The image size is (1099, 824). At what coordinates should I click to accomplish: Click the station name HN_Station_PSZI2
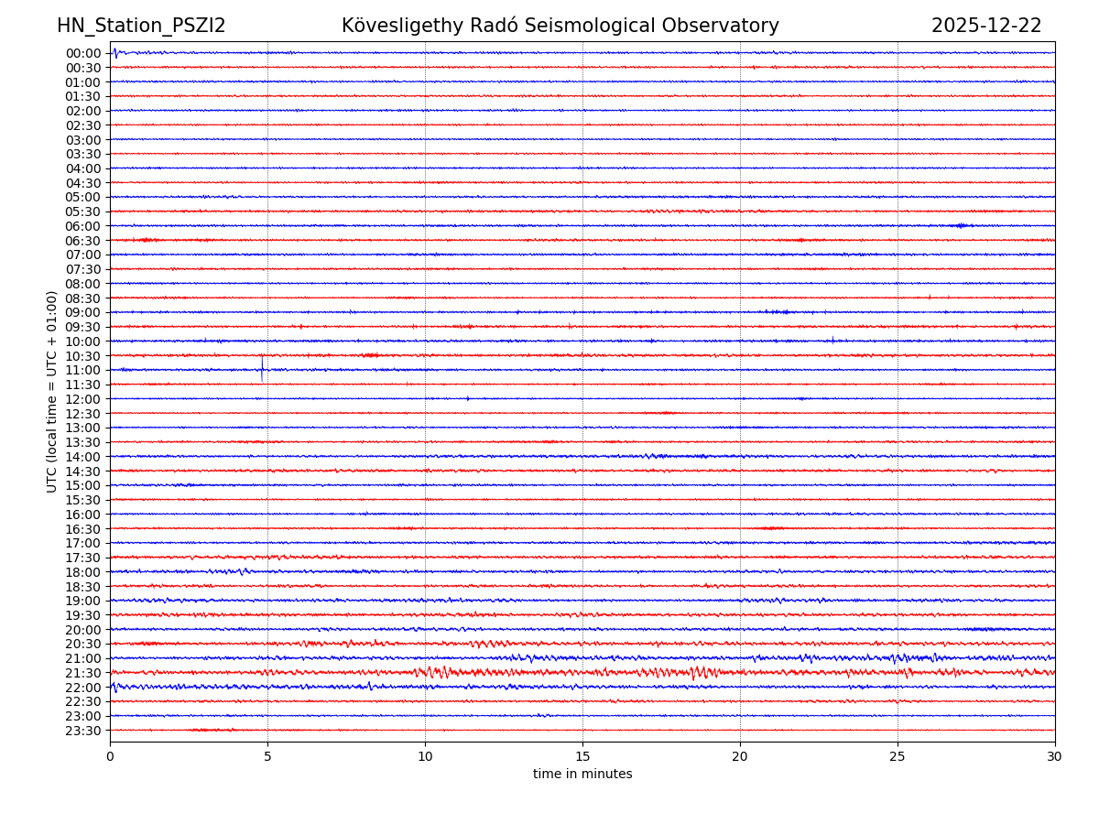(x=141, y=27)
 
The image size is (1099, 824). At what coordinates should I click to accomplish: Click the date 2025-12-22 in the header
(x=986, y=27)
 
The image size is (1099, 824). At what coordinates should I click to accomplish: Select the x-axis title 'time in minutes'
(x=582, y=775)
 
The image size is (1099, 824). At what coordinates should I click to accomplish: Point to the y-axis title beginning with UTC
(x=52, y=392)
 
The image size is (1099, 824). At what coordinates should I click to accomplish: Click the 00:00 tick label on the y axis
(x=82, y=53)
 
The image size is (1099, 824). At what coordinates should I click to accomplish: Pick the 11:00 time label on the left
(x=82, y=370)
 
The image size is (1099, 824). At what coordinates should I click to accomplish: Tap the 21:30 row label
(x=82, y=673)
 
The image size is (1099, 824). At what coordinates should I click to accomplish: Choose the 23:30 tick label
(x=82, y=731)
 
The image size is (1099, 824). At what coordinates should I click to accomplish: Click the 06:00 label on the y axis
(x=82, y=226)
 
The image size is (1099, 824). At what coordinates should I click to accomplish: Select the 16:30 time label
(x=82, y=529)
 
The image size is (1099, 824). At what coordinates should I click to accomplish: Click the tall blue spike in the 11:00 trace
(x=262, y=368)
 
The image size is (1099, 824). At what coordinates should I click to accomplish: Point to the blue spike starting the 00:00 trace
(x=114, y=52)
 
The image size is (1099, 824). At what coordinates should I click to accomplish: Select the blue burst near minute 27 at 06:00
(x=961, y=225)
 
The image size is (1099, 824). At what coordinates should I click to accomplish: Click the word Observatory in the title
(x=723, y=27)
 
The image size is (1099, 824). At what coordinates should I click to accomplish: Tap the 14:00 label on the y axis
(x=82, y=457)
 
